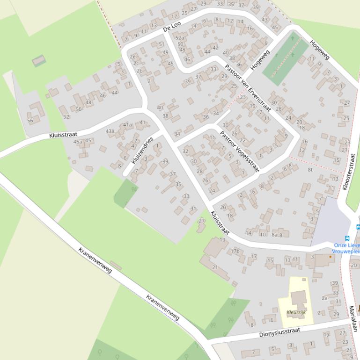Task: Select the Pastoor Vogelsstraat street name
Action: pyautogui.click(x=240, y=151)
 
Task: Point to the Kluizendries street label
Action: pyautogui.click(x=142, y=150)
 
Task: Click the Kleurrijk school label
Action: pyautogui.click(x=296, y=312)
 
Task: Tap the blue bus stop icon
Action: pyautogui.click(x=346, y=238)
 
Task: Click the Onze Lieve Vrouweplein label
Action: pyautogui.click(x=347, y=248)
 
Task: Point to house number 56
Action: pyautogui.click(x=30, y=120)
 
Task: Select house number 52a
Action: pyautogui.click(x=180, y=38)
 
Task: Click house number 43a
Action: pyautogui.click(x=110, y=131)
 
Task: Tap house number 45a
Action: pyautogui.click(x=78, y=142)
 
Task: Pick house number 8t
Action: pyautogui.click(x=310, y=170)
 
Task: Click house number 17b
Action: pyautogui.click(x=235, y=252)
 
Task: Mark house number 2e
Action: pyautogui.click(x=133, y=57)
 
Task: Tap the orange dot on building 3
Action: pyautogui.click(x=330, y=257)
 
